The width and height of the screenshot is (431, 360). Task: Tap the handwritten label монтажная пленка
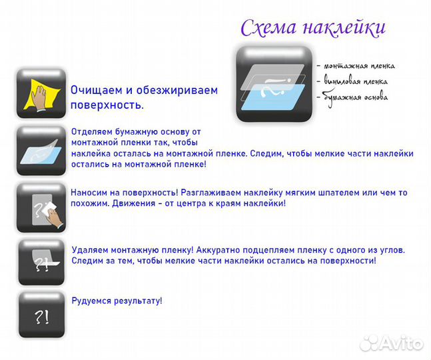coord(359,65)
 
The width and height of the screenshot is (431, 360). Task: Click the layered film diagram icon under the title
coord(274,84)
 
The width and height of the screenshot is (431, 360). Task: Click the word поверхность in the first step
coord(105,105)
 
